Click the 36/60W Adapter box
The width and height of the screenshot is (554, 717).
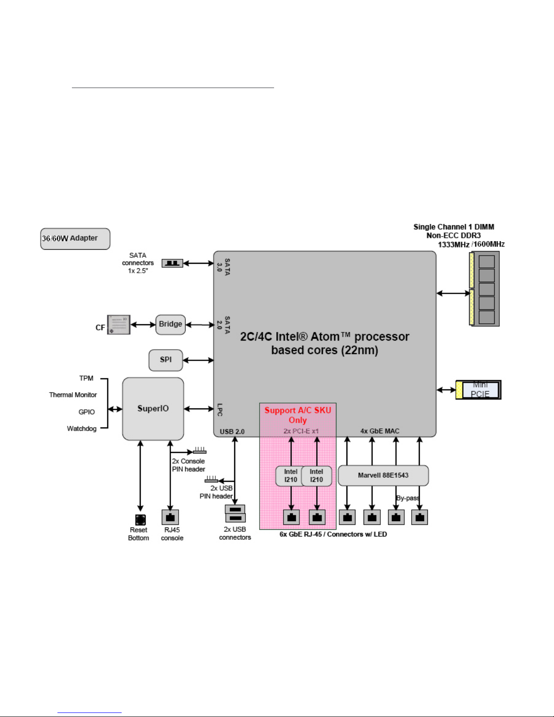[x=75, y=238]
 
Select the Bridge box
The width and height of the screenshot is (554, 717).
[x=170, y=324]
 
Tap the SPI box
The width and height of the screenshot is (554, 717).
[x=166, y=360]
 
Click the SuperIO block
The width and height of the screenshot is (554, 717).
[x=153, y=408]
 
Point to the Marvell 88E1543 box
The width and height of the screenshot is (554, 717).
[x=383, y=475]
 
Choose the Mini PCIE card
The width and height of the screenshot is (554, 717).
[x=478, y=389]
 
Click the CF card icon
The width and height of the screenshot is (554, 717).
[x=118, y=325]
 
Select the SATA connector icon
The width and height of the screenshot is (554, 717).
[x=172, y=263]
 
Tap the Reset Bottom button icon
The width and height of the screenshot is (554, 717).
[x=141, y=520]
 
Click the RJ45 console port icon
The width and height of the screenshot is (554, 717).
[x=170, y=517]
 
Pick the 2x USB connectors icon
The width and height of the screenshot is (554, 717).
[x=235, y=513]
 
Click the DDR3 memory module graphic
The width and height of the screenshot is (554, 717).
[x=484, y=289]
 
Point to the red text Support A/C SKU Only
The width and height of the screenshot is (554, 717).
[x=298, y=415]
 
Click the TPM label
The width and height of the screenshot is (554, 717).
[x=86, y=378]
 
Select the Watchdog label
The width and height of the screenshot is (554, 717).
[x=82, y=428]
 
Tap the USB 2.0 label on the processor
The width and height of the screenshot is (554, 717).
[x=232, y=432]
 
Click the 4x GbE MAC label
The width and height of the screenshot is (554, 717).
[x=380, y=431]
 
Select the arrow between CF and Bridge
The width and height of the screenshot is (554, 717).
[x=143, y=325]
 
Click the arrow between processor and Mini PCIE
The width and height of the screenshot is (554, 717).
[x=446, y=390]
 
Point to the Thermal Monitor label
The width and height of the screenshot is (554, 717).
[x=73, y=395]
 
